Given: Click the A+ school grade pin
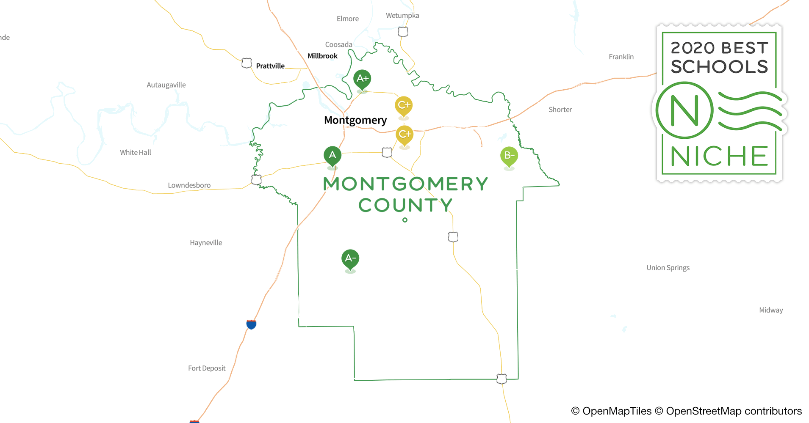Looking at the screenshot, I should click(362, 79).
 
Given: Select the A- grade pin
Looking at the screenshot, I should click(350, 259).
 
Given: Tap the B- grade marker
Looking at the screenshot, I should click(509, 156).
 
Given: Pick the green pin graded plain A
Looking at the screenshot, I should click(332, 156).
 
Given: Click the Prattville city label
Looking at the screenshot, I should click(270, 66).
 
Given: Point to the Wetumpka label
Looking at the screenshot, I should click(402, 16).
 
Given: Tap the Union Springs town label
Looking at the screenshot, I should click(668, 268).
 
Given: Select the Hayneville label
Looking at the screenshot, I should click(206, 243).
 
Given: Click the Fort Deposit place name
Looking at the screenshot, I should click(207, 368).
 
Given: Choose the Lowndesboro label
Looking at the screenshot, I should click(189, 185).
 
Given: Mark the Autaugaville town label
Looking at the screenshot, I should click(166, 85).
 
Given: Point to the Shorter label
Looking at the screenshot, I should click(560, 110).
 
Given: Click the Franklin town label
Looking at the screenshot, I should click(621, 57).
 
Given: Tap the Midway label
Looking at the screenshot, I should click(771, 310).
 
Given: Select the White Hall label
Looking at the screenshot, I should click(136, 153).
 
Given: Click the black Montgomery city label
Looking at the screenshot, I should click(355, 121).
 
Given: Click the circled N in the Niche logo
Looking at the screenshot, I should click(684, 110).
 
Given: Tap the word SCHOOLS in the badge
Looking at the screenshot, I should click(719, 67).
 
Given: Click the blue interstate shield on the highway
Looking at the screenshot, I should click(251, 324).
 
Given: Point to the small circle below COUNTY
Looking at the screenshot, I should click(405, 220).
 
